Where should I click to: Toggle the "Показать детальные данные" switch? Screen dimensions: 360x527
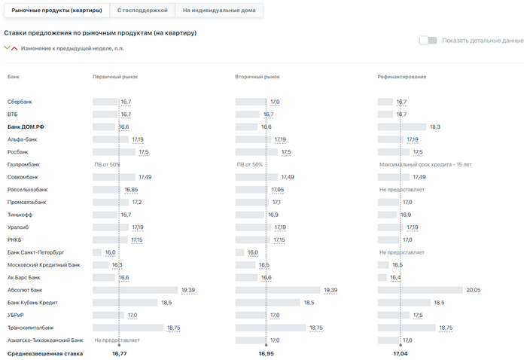pos(428,40)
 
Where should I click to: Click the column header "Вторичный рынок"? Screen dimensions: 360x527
pos(257,77)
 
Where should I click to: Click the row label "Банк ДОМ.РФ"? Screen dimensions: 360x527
pos(26,127)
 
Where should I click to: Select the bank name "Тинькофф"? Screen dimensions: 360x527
pos(20,215)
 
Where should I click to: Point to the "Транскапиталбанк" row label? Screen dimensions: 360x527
pos(30,328)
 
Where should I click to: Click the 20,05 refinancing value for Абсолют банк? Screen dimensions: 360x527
pos(473,290)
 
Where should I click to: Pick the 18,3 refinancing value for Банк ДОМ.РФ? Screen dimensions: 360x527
pos(434,127)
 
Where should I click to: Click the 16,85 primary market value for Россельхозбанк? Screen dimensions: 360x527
pos(131,190)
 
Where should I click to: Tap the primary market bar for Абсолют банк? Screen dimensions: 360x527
pos(136,290)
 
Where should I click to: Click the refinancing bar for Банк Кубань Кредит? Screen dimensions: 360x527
pos(404,303)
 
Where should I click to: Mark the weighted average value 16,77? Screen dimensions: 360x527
pos(119,352)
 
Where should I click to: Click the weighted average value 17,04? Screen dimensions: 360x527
pos(401,352)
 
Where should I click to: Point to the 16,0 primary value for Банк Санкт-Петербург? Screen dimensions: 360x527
pos(110,252)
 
